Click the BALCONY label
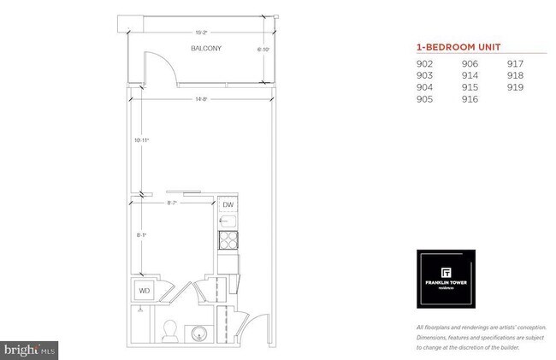(x=206, y=49)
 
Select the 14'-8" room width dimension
(x=202, y=99)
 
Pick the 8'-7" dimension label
(x=174, y=203)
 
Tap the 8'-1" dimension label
(x=144, y=233)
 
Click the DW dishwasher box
(x=228, y=205)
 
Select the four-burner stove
(x=228, y=241)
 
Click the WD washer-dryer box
(x=145, y=290)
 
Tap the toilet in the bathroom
(x=169, y=328)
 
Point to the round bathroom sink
(x=200, y=329)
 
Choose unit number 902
(x=425, y=63)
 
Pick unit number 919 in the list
(x=515, y=87)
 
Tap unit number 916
(x=470, y=99)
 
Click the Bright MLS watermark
(x=31, y=349)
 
